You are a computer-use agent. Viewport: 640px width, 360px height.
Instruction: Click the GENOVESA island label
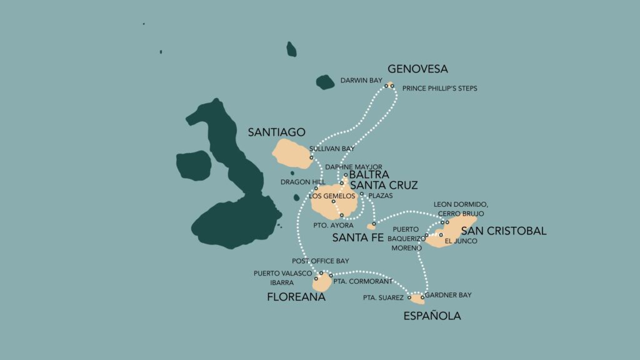417,69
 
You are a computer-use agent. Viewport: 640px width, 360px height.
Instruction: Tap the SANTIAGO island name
276,132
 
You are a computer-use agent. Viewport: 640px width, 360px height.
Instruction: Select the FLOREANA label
296,297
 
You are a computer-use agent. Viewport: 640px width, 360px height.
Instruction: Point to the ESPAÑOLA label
432,316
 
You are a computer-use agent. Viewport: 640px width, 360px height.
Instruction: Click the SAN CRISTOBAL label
503,231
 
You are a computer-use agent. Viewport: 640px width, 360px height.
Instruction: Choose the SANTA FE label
357,237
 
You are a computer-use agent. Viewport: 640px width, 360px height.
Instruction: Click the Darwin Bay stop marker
386,86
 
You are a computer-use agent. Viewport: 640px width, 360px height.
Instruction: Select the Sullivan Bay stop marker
311,157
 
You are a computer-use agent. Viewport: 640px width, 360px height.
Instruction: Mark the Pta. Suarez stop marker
410,297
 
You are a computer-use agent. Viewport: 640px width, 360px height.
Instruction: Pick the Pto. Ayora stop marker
342,215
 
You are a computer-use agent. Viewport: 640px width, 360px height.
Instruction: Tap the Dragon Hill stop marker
316,188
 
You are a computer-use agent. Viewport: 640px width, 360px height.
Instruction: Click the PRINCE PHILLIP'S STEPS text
439,89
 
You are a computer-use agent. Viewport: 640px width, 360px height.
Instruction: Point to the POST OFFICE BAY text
321,261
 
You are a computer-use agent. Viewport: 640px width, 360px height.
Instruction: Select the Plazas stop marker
362,194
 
